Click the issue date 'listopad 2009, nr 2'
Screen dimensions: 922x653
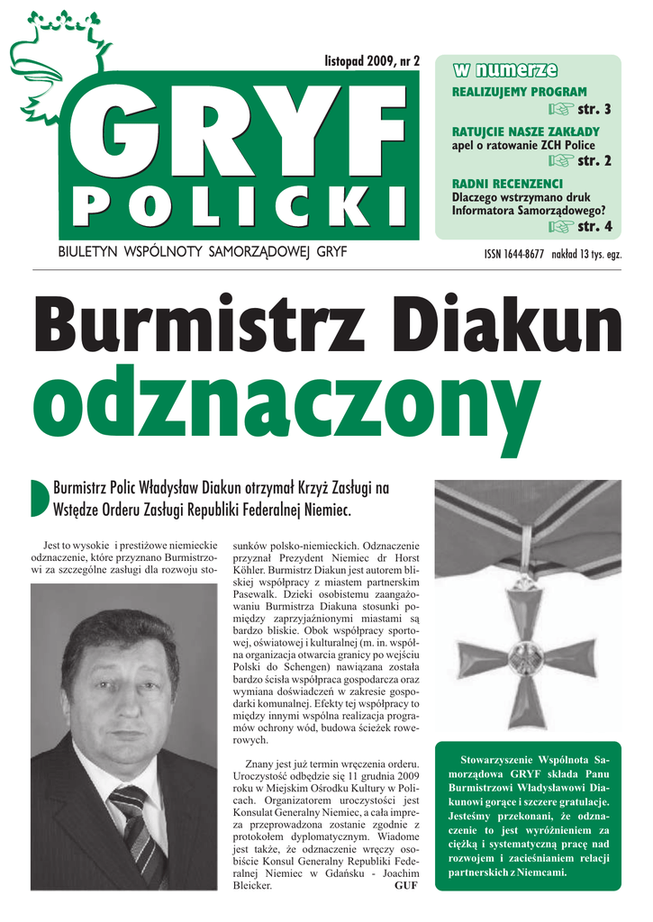372,61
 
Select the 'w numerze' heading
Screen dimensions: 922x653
504,70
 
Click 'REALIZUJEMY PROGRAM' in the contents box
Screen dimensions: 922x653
519,92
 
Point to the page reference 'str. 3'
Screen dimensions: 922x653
594,110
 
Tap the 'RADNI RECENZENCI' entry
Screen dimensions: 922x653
494,184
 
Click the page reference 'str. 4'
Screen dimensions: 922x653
594,226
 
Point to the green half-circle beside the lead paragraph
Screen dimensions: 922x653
40,499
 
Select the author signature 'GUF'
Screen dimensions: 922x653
406,885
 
